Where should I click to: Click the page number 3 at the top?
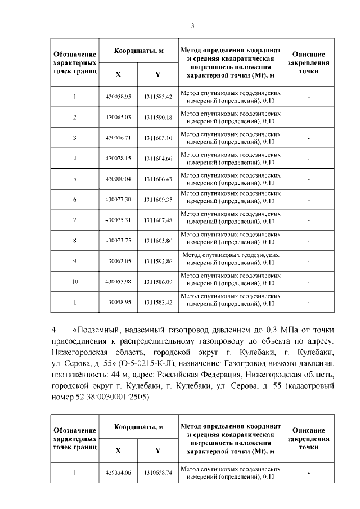point(192,25)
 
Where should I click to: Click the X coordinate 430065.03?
point(118,118)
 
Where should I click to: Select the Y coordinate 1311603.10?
point(157,138)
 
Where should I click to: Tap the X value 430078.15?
point(118,159)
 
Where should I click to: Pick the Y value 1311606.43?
point(157,179)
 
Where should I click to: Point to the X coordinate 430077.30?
point(118,200)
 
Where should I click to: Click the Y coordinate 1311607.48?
point(157,220)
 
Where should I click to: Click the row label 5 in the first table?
point(75,179)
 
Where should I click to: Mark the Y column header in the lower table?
point(157,450)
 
